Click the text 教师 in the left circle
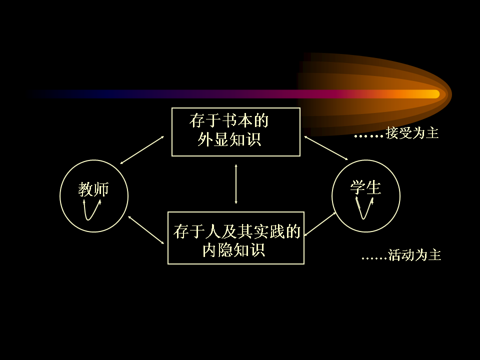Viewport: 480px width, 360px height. pyautogui.click(x=93, y=189)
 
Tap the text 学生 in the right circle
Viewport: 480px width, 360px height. pyautogui.click(x=365, y=187)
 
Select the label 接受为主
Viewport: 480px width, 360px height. pyautogui.click(x=412, y=133)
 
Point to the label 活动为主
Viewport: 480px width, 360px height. pyautogui.click(x=414, y=255)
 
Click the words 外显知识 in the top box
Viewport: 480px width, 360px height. pyautogui.click(x=229, y=139)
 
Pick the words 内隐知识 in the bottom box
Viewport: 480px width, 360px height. pyautogui.click(x=234, y=250)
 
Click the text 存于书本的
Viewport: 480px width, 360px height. pyautogui.click(x=229, y=120)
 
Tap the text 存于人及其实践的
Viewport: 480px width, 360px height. pyautogui.click(x=237, y=231)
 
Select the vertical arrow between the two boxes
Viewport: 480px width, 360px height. pyautogui.click(x=235, y=184)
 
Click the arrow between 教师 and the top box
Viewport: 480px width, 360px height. pyautogui.click(x=142, y=150)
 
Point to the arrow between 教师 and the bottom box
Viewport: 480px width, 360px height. pyautogui.click(x=146, y=230)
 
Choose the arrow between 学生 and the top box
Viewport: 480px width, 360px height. pyautogui.click(x=326, y=148)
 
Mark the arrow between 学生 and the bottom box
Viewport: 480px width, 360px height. pyautogui.click(x=320, y=224)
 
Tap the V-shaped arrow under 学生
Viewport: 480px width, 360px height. pyautogui.click(x=363, y=218)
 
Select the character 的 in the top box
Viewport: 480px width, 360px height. pyautogui.click(x=261, y=120)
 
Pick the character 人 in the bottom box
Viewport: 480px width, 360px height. pyautogui.click(x=213, y=231)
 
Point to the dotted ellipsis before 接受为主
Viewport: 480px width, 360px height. pyautogui.click(x=369, y=136)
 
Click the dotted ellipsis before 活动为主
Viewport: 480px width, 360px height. pyautogui.click(x=374, y=258)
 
